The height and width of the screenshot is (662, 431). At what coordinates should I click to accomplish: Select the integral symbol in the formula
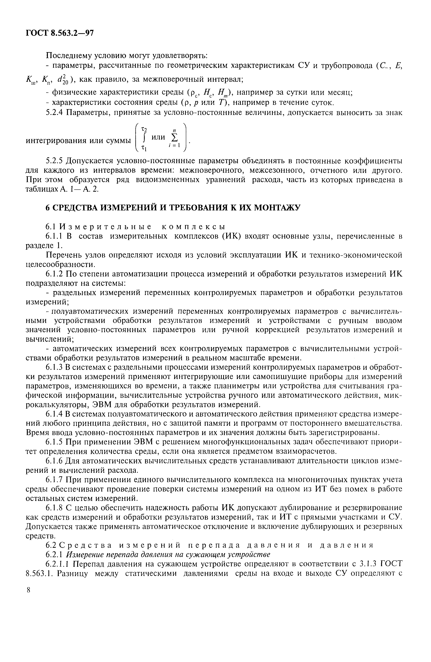(x=144, y=138)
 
